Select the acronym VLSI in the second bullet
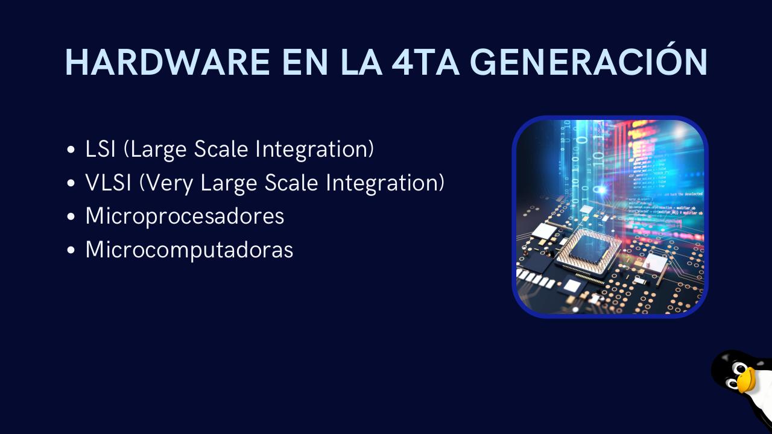point(109,183)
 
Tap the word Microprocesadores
point(185,216)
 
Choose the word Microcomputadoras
point(189,249)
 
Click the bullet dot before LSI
point(72,151)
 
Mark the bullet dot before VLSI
point(72,184)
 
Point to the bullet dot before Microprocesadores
point(72,217)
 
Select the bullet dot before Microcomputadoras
point(72,250)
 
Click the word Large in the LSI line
point(158,150)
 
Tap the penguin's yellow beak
point(745,380)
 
